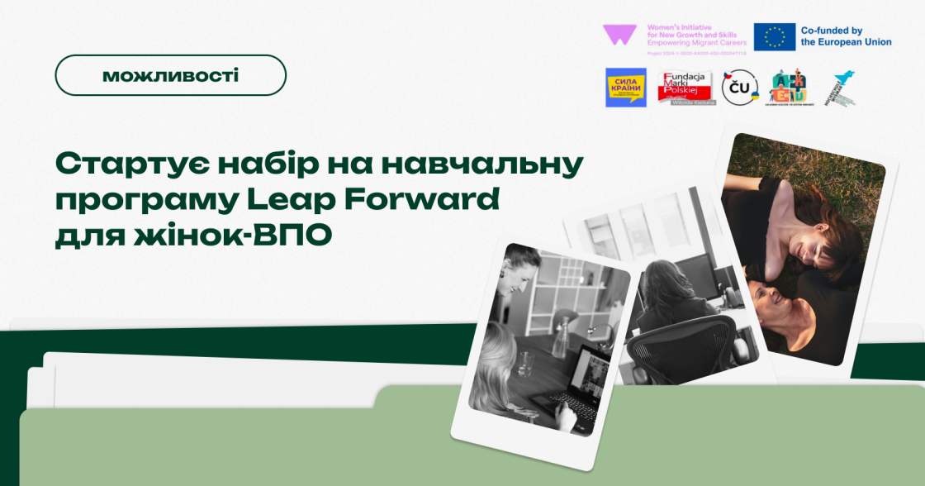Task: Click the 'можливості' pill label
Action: tap(170, 75)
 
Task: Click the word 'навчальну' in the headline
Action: tap(495, 164)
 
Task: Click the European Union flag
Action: tap(774, 36)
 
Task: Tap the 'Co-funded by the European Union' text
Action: tap(846, 36)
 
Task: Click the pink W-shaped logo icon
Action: tap(618, 35)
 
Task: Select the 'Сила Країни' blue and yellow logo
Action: tap(626, 88)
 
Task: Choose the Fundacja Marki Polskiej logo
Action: tap(685, 88)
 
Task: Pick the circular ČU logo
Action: tap(739, 88)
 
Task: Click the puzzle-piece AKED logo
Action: tap(788, 87)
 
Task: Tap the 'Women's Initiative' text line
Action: tap(685, 27)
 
